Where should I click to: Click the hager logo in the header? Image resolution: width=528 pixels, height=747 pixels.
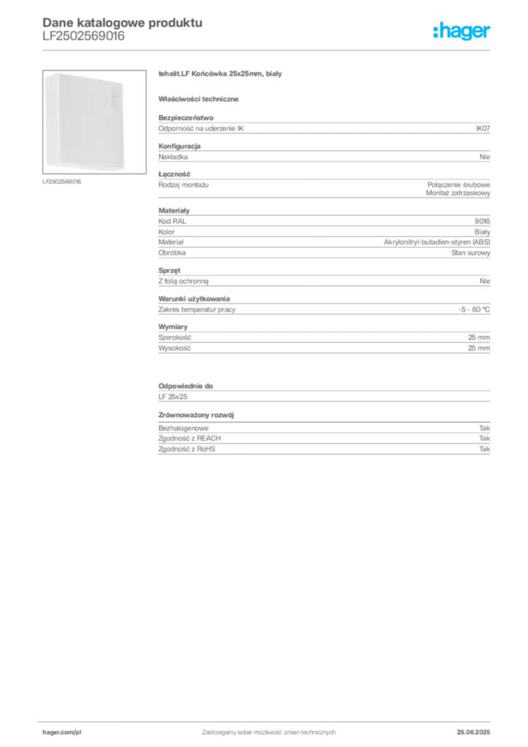coord(462,31)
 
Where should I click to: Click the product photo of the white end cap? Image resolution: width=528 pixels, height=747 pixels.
coord(94,122)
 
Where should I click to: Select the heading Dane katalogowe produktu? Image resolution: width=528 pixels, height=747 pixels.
coord(123,23)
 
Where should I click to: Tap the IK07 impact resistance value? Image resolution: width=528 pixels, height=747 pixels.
coord(483,128)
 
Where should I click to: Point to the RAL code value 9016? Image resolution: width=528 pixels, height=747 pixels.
coord(482,221)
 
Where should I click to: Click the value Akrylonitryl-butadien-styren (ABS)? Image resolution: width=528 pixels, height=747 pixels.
coord(437,242)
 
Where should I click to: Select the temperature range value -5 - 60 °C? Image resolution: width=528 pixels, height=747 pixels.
coord(474,309)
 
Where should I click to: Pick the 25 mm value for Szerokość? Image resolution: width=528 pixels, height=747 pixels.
coord(478,337)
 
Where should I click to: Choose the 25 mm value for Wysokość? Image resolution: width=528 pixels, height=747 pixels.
coord(478,348)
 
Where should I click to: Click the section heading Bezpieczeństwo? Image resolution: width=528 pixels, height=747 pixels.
coord(186,117)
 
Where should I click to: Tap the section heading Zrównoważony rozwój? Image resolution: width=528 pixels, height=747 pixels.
coord(195,415)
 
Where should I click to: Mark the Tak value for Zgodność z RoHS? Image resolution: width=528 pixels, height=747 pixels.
coord(485,449)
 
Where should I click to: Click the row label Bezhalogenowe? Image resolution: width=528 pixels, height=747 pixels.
coord(183,427)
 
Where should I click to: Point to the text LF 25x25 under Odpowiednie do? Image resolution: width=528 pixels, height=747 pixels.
coord(173,396)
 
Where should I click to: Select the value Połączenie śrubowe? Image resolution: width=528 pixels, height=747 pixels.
coord(459,185)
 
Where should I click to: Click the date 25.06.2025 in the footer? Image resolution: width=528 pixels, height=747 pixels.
coord(473,732)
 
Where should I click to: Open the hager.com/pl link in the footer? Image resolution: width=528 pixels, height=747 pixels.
coord(62,732)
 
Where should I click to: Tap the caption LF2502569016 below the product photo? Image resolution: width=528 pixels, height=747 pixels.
coord(61,182)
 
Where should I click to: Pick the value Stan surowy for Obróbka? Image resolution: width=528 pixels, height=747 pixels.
coord(470,252)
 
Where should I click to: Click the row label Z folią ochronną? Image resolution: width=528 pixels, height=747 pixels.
coord(183,281)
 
